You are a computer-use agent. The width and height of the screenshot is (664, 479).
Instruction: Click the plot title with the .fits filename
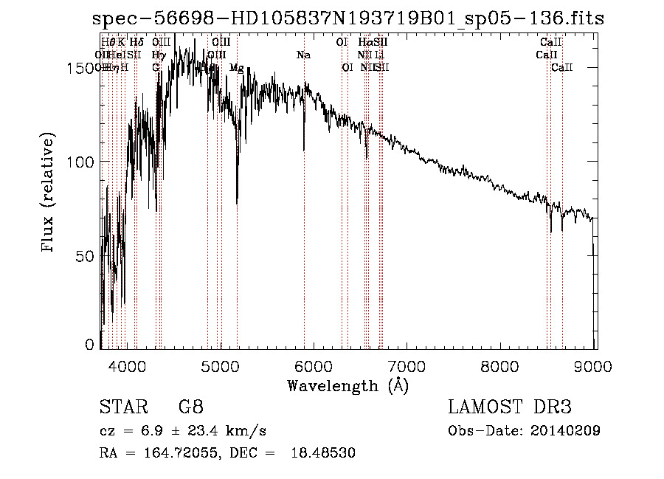click(x=347, y=18)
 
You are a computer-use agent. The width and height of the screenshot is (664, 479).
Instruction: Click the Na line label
click(x=303, y=55)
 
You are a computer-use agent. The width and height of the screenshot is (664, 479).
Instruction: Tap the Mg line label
click(x=237, y=68)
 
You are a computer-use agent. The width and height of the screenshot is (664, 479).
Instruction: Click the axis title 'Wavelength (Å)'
click(x=347, y=385)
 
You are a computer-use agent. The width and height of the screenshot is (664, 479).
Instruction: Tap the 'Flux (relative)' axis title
click(x=49, y=193)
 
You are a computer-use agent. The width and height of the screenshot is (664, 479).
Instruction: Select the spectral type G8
click(x=190, y=407)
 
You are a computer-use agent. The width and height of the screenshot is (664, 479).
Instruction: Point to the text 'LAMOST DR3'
click(x=510, y=407)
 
